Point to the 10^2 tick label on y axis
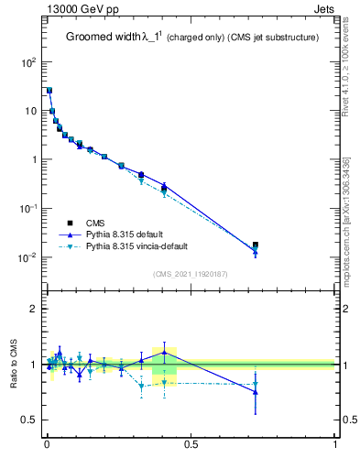pos(28,62)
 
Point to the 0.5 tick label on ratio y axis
pos(28,420)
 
